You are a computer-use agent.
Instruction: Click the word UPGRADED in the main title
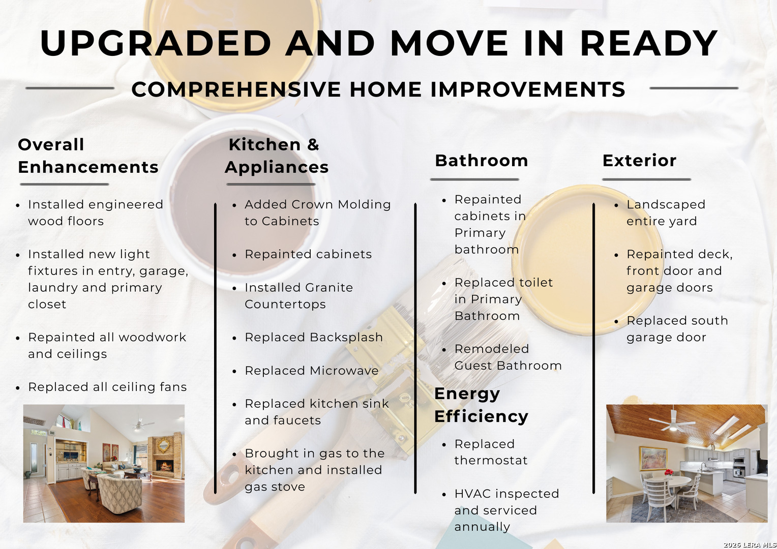tap(156, 43)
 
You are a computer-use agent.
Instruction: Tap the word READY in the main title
tap(649, 43)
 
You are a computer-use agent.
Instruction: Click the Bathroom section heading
tap(482, 161)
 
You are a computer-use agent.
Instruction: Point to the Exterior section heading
tap(639, 161)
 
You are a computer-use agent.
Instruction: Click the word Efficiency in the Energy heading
tap(481, 417)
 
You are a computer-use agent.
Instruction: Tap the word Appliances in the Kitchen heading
tap(277, 168)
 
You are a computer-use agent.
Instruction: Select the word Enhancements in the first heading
tap(88, 167)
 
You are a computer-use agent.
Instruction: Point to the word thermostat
tap(491, 461)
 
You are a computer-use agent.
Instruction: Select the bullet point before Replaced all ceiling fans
tap(18, 388)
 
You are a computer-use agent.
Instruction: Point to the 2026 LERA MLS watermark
tap(750, 545)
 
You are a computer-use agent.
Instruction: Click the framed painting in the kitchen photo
tap(653, 458)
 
